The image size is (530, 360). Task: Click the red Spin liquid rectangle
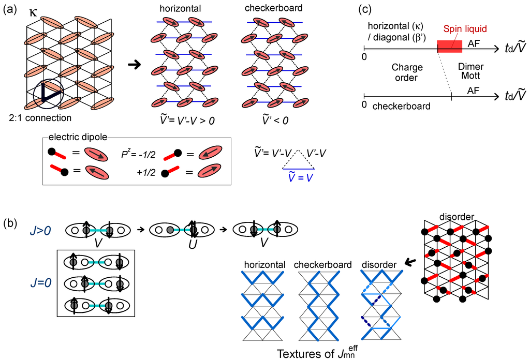[x=450, y=46]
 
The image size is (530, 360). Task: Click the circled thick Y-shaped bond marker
[x=48, y=94]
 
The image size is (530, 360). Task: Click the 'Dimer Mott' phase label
[x=470, y=71]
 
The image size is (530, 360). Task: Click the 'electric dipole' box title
[x=69, y=137]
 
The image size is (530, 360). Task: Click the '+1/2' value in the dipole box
[x=135, y=172]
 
